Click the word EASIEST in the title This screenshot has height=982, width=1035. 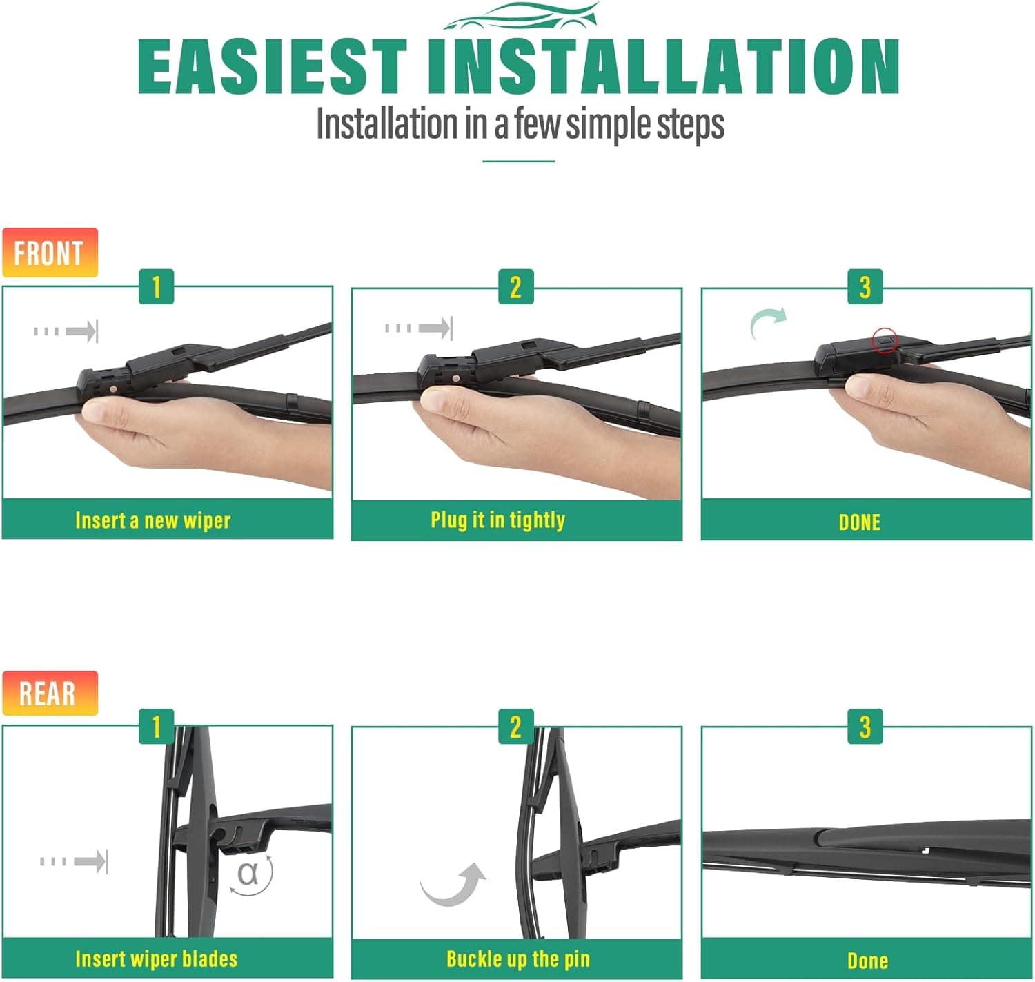point(272,66)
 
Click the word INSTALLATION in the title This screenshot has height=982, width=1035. point(664,66)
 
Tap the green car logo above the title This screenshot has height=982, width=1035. point(521,16)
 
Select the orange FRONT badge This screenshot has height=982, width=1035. point(50,252)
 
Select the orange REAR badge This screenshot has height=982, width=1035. point(50,693)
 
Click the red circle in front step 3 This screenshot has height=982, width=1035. point(885,341)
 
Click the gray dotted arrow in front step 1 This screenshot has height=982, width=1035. point(66,331)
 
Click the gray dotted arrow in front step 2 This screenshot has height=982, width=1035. point(419,328)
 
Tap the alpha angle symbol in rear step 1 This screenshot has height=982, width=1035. point(248,874)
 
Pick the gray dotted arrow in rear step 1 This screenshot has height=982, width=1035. point(75,861)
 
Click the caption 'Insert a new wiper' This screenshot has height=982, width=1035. point(153,520)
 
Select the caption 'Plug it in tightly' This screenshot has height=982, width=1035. point(498,520)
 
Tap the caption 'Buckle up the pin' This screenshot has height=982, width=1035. point(518,959)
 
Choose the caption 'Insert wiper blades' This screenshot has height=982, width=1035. point(157,959)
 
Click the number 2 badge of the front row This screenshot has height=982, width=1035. point(516,287)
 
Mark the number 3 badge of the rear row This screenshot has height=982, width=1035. point(865,726)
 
